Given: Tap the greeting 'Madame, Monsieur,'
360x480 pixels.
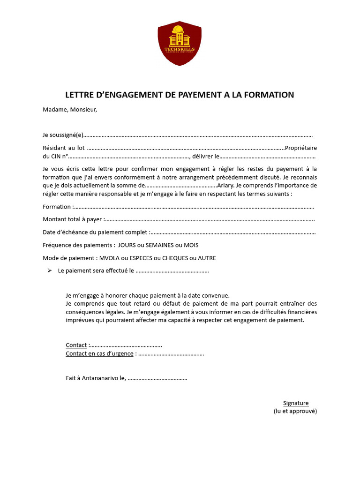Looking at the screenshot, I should click(70, 110).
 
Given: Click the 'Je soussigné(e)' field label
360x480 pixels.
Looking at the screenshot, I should click(63, 135).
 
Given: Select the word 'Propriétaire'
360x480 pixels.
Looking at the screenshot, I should click(301, 148).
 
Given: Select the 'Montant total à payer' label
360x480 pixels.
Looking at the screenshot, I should click(73, 219).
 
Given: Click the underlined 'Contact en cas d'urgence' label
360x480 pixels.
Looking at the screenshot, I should click(99, 353).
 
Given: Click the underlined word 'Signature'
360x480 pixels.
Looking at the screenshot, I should click(296, 403).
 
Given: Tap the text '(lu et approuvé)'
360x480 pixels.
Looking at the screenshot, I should click(295, 411).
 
